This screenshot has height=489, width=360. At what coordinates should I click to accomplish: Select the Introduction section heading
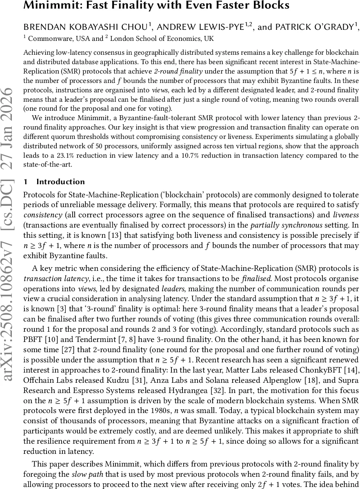click(x=60, y=182)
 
